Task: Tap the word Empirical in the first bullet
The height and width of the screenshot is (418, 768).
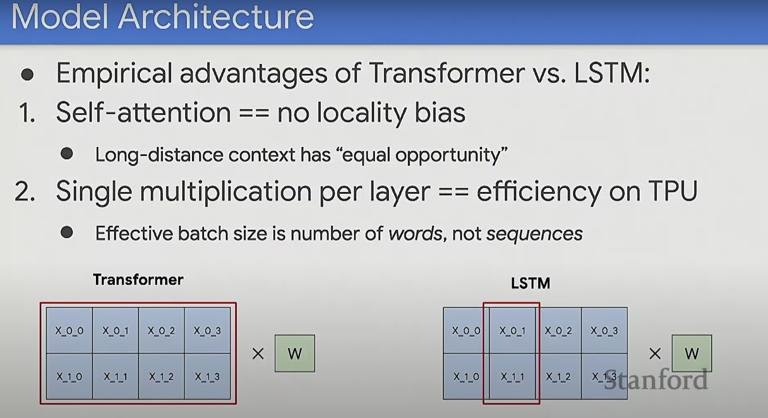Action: (114, 73)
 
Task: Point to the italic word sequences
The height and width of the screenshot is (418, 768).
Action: (535, 234)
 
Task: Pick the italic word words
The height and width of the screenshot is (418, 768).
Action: (415, 233)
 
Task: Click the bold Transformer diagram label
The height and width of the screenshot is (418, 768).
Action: (138, 279)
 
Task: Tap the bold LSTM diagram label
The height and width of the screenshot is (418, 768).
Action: (530, 283)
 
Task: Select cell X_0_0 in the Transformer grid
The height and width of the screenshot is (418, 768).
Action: (69, 330)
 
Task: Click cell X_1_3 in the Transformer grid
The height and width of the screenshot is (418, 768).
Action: (207, 376)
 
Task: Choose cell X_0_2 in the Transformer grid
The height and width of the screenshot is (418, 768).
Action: (161, 330)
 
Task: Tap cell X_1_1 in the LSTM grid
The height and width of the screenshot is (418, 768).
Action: (512, 376)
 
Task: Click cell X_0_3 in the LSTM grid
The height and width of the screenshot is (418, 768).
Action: (604, 330)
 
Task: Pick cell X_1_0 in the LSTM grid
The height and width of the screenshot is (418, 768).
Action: (466, 376)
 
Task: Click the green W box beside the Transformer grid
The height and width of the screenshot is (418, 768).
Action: (295, 353)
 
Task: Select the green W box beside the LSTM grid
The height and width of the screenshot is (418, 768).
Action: (692, 353)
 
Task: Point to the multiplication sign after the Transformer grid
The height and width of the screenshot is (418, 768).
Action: (258, 354)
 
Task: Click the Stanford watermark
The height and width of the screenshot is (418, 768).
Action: (656, 379)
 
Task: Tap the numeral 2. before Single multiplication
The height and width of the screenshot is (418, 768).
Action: (24, 191)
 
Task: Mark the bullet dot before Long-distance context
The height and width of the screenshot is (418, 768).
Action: (67, 153)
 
